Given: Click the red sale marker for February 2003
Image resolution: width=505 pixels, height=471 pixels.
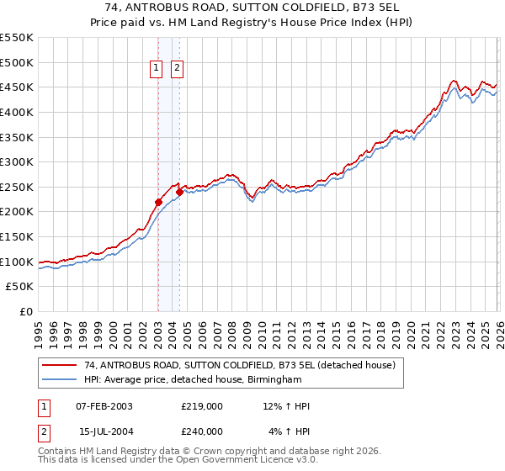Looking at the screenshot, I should (158, 202).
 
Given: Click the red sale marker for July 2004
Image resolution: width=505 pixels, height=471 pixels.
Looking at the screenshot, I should (179, 192).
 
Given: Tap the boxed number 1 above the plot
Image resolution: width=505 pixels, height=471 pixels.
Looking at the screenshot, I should (157, 70).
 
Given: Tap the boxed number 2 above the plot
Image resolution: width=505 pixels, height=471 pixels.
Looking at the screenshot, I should (178, 70).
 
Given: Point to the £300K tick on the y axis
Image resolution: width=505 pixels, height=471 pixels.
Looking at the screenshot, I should (17, 161).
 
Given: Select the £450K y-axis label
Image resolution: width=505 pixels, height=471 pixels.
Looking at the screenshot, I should (17, 87).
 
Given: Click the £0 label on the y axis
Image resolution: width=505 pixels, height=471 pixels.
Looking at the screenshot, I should (26, 311).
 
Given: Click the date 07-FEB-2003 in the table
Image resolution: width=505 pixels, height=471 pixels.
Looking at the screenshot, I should (104, 406).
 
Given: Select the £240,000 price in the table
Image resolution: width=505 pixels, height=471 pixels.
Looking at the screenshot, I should (202, 431).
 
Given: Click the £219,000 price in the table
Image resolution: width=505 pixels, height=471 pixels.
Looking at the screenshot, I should (202, 406).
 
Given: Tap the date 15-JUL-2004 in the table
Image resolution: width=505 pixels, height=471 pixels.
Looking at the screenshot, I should (104, 431).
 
